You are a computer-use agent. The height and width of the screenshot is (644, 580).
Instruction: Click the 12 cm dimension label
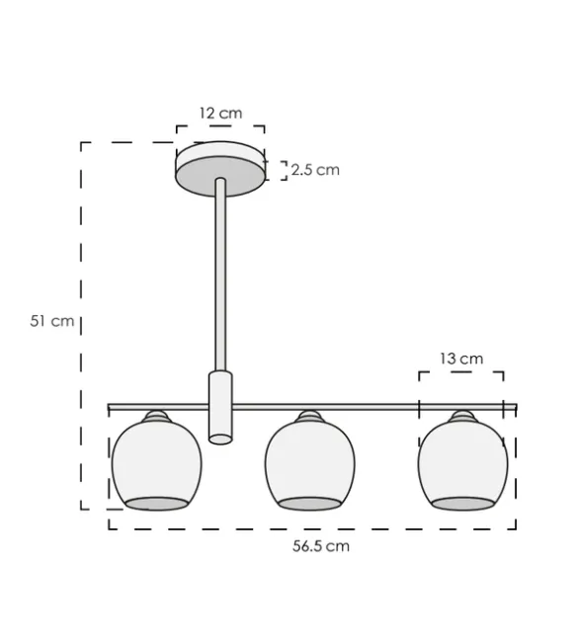point(219,114)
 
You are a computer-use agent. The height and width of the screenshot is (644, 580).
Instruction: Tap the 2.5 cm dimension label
point(315,170)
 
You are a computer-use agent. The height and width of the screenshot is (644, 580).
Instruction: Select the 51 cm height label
point(52,321)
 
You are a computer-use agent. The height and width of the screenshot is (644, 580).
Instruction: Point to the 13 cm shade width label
point(461,359)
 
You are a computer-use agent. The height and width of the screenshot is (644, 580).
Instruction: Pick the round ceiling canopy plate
point(220,165)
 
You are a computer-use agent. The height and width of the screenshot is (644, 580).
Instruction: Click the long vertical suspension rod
point(219,277)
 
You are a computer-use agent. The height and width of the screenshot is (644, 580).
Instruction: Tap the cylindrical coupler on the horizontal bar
point(220,407)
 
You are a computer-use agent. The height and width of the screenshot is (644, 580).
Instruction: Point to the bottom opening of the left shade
point(156,504)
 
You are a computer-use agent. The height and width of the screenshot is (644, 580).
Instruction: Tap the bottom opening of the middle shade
point(309,504)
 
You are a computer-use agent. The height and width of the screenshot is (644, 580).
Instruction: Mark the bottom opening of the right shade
point(462,504)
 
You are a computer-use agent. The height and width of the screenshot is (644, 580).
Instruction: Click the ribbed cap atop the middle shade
point(309,417)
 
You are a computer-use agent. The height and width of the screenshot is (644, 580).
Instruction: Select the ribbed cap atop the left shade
point(156,417)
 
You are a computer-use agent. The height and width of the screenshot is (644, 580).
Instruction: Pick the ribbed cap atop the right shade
point(462,417)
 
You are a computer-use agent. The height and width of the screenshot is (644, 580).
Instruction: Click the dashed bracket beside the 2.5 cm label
point(284,170)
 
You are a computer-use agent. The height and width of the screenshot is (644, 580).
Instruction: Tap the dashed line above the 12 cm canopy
point(219,126)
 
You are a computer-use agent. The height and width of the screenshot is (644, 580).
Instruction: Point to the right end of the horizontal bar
point(513,406)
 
